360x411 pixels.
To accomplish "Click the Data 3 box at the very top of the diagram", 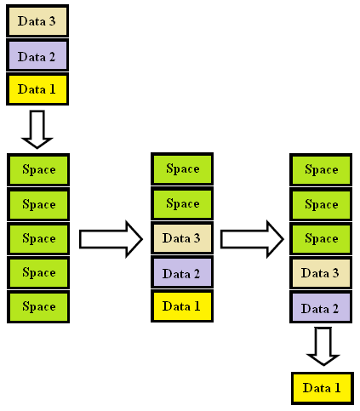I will pyautogui.click(x=37, y=20).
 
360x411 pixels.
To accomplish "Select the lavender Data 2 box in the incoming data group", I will pyautogui.click(x=37, y=55).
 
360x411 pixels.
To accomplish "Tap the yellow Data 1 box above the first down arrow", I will pyautogui.click(x=37, y=88).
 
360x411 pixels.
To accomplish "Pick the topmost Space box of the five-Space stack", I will pyautogui.click(x=38, y=169).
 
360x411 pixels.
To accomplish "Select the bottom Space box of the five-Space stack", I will pyautogui.click(x=38, y=306).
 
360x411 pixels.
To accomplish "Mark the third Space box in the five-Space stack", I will pyautogui.click(x=38, y=238).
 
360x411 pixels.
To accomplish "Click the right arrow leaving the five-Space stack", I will pyautogui.click(x=110, y=239).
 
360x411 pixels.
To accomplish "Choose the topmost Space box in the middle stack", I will pyautogui.click(x=182, y=168).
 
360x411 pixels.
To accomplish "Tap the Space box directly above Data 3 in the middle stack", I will pyautogui.click(x=182, y=204).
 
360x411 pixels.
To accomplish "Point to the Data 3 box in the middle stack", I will pyautogui.click(x=182, y=239).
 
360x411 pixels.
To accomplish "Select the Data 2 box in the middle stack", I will pyautogui.click(x=182, y=273).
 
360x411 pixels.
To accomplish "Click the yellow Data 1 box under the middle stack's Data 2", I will pyautogui.click(x=182, y=305).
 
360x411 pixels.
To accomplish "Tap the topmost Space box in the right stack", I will pyautogui.click(x=322, y=169).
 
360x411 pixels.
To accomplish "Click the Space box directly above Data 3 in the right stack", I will pyautogui.click(x=322, y=239).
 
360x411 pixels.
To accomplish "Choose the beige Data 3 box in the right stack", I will pyautogui.click(x=322, y=273).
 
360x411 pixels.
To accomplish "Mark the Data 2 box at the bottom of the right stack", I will pyautogui.click(x=322, y=307).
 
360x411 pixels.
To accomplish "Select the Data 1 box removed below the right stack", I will pyautogui.click(x=322, y=388).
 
